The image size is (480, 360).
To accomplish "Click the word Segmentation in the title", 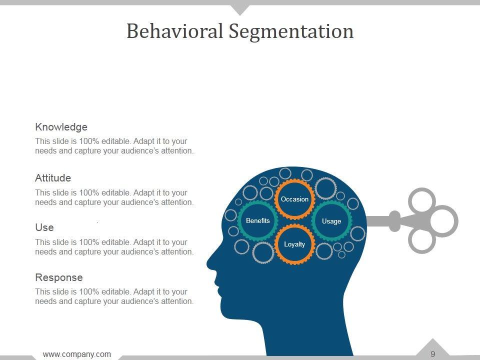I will [x=291, y=32].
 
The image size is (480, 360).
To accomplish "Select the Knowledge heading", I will [x=61, y=127].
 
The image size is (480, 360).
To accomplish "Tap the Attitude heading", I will [x=53, y=178].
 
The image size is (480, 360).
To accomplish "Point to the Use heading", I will [x=44, y=227].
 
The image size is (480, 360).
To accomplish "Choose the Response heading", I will [x=59, y=277].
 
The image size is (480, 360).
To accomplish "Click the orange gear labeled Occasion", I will [x=294, y=199].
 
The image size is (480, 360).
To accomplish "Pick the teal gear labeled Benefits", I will [x=258, y=220].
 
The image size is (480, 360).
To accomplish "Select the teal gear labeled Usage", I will [x=331, y=221].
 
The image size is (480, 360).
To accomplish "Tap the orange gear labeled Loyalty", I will [x=294, y=244].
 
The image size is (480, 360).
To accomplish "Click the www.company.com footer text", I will [x=77, y=354].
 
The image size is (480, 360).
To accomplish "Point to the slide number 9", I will [x=432, y=354].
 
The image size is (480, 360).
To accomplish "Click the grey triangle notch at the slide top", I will [x=240, y=8].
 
